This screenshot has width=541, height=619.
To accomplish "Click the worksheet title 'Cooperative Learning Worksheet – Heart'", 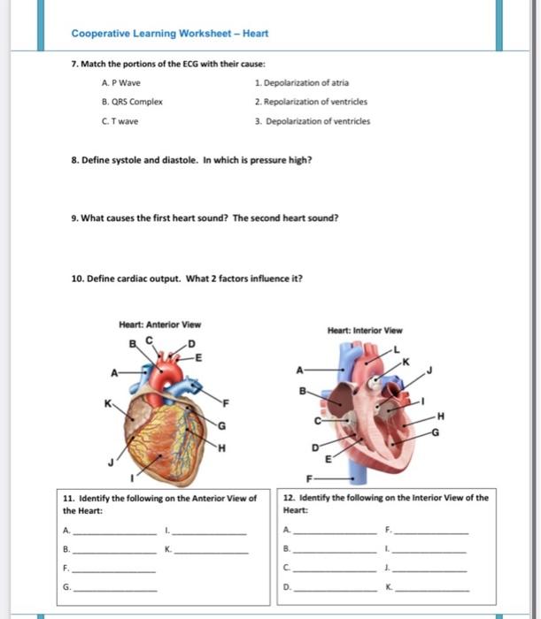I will (169, 34).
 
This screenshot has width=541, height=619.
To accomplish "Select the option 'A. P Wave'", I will (121, 82).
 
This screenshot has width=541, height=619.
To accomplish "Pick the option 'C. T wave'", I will (121, 121).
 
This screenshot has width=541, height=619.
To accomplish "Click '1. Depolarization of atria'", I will (301, 82).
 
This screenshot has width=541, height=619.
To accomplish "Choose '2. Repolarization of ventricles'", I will (312, 102).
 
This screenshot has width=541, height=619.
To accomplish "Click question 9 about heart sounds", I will (205, 218).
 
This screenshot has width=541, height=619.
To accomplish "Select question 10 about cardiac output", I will (186, 278).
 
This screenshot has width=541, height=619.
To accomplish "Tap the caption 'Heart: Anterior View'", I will (159, 324).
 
